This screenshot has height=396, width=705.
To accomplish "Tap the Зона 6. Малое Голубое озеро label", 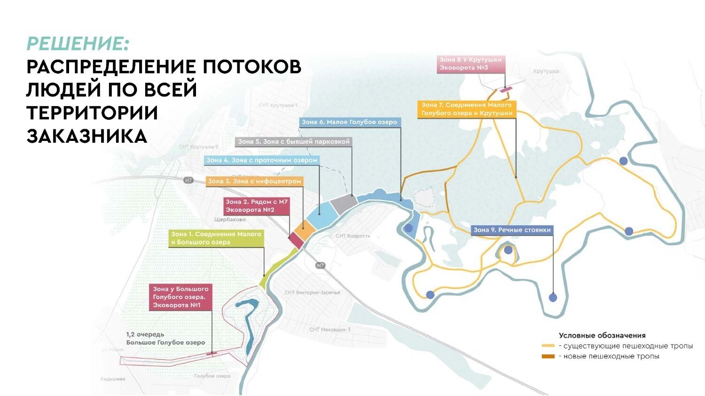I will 350,122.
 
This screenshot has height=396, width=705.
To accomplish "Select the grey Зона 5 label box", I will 293,141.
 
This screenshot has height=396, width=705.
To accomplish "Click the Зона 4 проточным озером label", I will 262,160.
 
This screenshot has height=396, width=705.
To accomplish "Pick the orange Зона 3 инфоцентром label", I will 254,181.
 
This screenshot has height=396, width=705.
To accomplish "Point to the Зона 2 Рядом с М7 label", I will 257,206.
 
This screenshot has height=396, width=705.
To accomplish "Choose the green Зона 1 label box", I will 216,238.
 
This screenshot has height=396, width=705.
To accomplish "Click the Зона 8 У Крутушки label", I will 470,64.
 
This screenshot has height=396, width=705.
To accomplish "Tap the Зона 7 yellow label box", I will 466,109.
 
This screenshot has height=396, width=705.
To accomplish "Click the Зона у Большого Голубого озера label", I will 181,297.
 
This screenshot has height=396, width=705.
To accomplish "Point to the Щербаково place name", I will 230,219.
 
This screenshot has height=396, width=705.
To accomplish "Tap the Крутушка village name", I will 546,71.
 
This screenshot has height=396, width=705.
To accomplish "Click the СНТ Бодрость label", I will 352,236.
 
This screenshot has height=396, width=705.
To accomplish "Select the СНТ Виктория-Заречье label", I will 312,293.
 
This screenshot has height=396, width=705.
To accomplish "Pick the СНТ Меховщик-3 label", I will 329,329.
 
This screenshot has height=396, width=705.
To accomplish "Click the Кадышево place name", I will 113,379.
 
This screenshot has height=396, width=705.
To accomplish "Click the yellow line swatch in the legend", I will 548,346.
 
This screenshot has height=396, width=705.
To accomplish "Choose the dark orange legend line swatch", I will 548,357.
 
